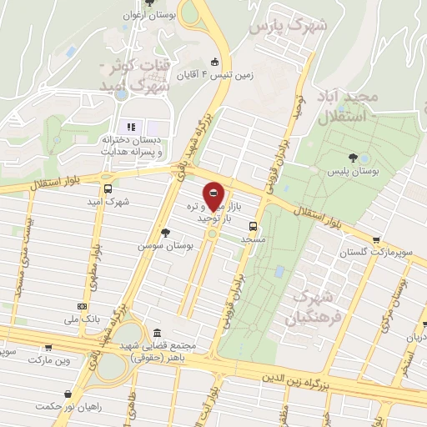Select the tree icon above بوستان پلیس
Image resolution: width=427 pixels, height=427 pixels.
point(354,156)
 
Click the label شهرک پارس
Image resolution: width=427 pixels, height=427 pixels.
point(287,26)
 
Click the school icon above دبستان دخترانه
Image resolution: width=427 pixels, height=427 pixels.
point(131,126)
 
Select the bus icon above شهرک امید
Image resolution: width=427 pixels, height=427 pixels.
point(108,188)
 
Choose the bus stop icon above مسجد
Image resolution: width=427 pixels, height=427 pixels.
point(253,225)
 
